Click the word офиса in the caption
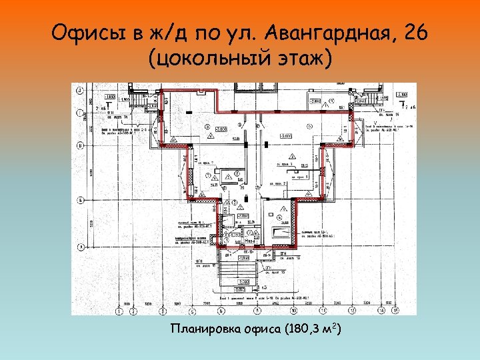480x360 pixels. pyautogui.click(x=265, y=329)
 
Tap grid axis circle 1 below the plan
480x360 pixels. pyautogui.click(x=118, y=311)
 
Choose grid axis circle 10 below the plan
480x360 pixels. pyautogui.click(x=293, y=311)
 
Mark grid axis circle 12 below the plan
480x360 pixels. pyautogui.click(x=367, y=311)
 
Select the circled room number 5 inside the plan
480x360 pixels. pyautogui.click(x=209, y=175)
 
